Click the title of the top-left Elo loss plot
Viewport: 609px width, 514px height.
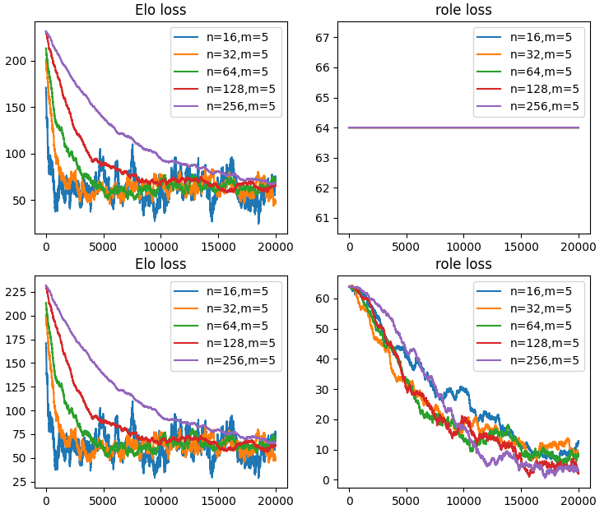[160, 11]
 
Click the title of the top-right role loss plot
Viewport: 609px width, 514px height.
[463, 11]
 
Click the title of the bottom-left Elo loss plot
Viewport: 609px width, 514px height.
[160, 264]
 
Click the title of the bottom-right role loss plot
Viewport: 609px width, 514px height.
[463, 264]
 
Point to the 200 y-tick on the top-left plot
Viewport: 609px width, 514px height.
[18, 61]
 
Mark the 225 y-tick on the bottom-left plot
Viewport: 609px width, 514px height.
[18, 291]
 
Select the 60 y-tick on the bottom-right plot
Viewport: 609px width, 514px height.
[324, 298]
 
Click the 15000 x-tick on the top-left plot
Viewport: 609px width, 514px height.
[218, 245]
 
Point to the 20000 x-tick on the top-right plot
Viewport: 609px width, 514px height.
[579, 245]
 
